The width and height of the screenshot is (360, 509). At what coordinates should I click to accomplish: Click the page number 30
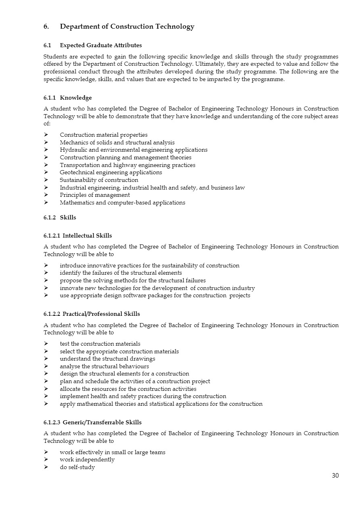coord(335,476)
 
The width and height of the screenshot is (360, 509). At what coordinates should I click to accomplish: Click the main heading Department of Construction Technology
coord(127,27)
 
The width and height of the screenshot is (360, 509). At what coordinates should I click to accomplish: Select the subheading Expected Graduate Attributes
coord(100,45)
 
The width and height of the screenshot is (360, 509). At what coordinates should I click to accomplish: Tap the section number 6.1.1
coord(50,98)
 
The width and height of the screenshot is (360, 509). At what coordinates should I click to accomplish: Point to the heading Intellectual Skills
coord(87,236)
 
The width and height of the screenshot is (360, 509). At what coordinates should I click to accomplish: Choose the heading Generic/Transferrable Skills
coord(102,422)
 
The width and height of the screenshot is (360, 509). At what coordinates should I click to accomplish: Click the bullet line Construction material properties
coord(103,135)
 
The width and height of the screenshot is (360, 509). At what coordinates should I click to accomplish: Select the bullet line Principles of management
coord(95,195)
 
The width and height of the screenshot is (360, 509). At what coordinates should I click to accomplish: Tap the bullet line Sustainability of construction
coord(99,180)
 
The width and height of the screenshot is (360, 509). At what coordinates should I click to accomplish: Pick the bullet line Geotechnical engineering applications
coord(111,172)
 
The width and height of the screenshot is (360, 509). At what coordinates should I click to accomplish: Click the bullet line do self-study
coord(77,467)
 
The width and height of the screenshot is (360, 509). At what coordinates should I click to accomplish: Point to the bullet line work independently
coord(87,459)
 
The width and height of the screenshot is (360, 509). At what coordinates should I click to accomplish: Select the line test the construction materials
coord(100,344)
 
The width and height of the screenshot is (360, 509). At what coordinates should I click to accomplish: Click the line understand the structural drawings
coord(107,359)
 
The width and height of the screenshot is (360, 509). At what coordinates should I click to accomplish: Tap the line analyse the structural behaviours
coord(104,366)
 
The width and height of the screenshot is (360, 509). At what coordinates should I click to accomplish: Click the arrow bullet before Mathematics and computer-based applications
coord(46,202)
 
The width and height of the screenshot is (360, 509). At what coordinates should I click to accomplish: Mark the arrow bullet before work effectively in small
coord(46,452)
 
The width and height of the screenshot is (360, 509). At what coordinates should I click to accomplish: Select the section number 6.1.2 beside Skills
coord(50,217)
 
